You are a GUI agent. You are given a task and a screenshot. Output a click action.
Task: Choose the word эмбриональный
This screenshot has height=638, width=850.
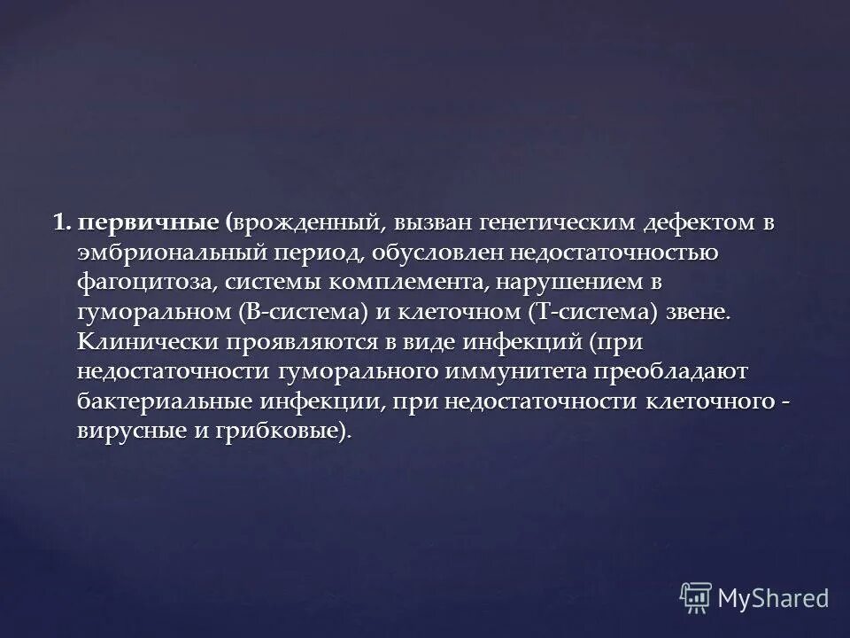point(172,253)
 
